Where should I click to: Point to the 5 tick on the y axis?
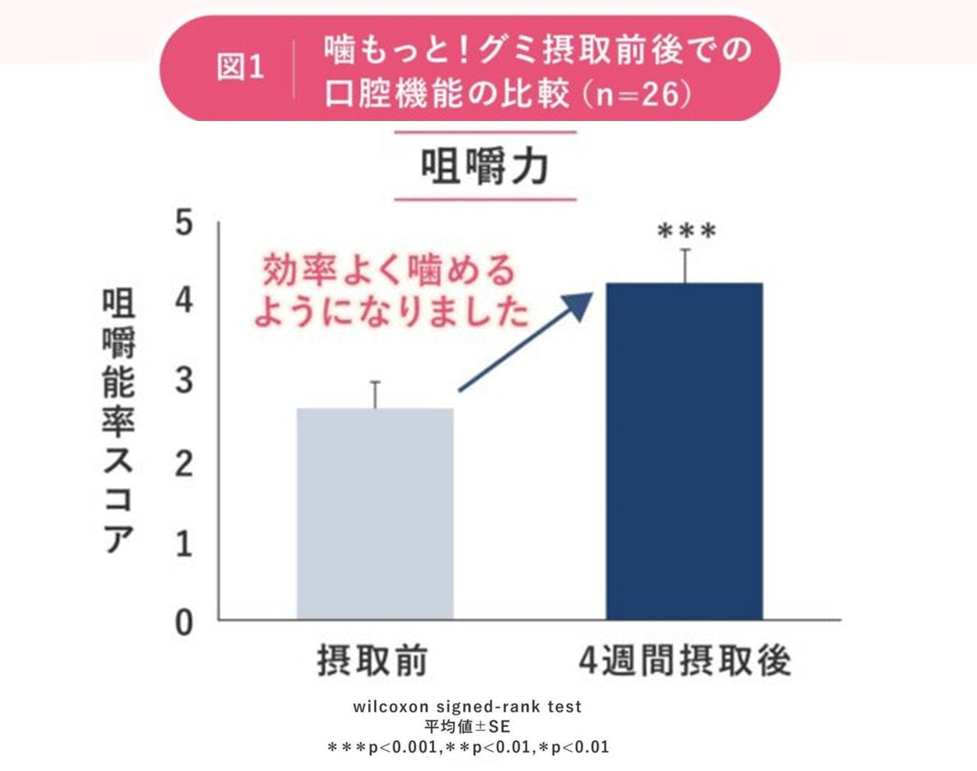tap(184, 224)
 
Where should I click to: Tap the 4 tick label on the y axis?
tap(184, 301)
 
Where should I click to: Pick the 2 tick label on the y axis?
tap(184, 463)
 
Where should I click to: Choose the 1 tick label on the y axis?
tap(184, 544)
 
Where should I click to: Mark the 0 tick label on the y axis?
tap(184, 623)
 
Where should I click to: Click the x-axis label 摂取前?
tap(373, 661)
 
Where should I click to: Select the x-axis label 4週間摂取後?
tap(684, 661)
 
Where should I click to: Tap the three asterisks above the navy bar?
tap(686, 231)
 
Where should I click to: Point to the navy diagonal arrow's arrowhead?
tap(581, 304)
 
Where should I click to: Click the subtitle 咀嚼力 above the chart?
tap(485, 167)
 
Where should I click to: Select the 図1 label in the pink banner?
tap(240, 68)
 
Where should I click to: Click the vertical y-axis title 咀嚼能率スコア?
tap(118, 421)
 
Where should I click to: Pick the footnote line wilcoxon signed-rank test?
tap(467, 706)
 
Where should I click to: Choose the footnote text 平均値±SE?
tap(467, 726)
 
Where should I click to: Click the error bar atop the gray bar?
tap(375, 395)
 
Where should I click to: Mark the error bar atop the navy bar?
tap(685, 265)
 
